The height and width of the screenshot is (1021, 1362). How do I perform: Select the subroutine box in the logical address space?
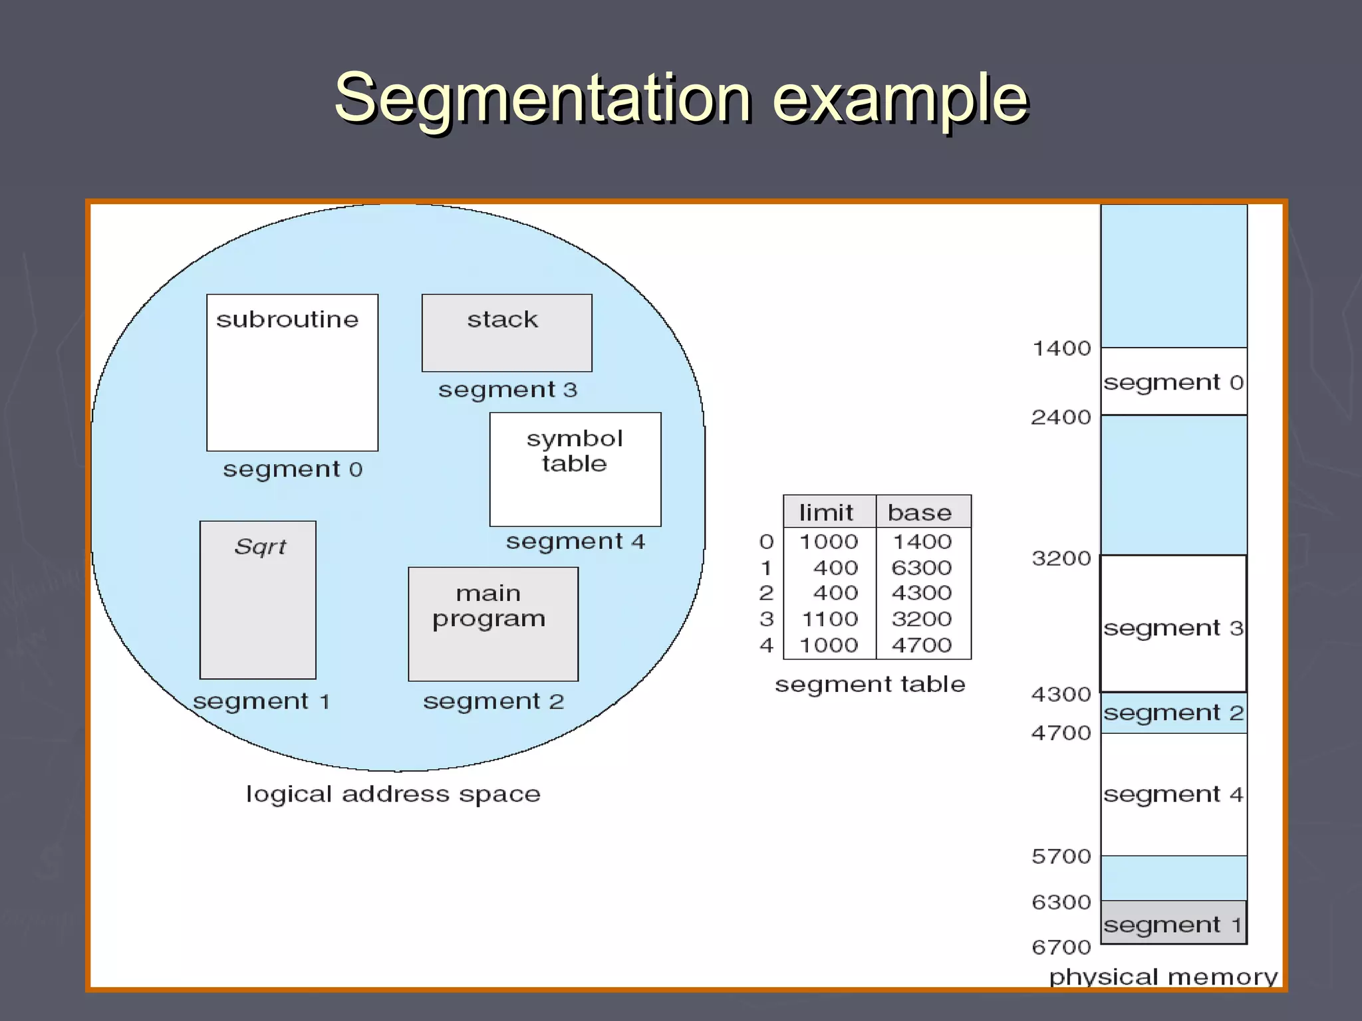pyautogui.click(x=292, y=372)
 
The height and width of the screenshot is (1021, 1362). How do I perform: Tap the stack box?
pyautogui.click(x=506, y=332)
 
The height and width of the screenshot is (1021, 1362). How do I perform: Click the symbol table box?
pyautogui.click(x=575, y=469)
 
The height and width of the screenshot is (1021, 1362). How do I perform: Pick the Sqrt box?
pyautogui.click(x=257, y=600)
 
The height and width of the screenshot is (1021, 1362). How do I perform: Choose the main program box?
pyautogui.click(x=493, y=624)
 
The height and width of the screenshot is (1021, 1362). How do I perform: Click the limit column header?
pyautogui.click(x=826, y=512)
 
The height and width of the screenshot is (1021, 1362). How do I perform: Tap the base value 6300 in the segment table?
pyautogui.click(x=921, y=568)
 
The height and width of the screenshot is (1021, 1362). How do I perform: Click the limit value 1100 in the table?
pyautogui.click(x=829, y=620)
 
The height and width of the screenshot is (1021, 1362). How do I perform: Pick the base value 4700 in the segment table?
pyautogui.click(x=921, y=645)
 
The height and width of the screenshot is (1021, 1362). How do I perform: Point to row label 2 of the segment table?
pyautogui.click(x=766, y=593)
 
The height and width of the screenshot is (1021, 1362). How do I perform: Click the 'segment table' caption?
pyautogui.click(x=870, y=684)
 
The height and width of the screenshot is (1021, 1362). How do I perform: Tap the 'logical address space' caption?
pyautogui.click(x=393, y=794)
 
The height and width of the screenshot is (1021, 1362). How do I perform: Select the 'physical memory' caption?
pyautogui.click(x=1163, y=976)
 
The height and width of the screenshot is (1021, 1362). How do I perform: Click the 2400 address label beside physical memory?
pyautogui.click(x=1061, y=417)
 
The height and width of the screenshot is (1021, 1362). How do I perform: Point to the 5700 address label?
pyautogui.click(x=1061, y=856)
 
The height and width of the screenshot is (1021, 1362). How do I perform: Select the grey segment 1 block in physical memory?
pyautogui.click(x=1173, y=923)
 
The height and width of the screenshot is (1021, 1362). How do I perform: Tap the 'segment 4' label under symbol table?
pyautogui.click(x=575, y=542)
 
